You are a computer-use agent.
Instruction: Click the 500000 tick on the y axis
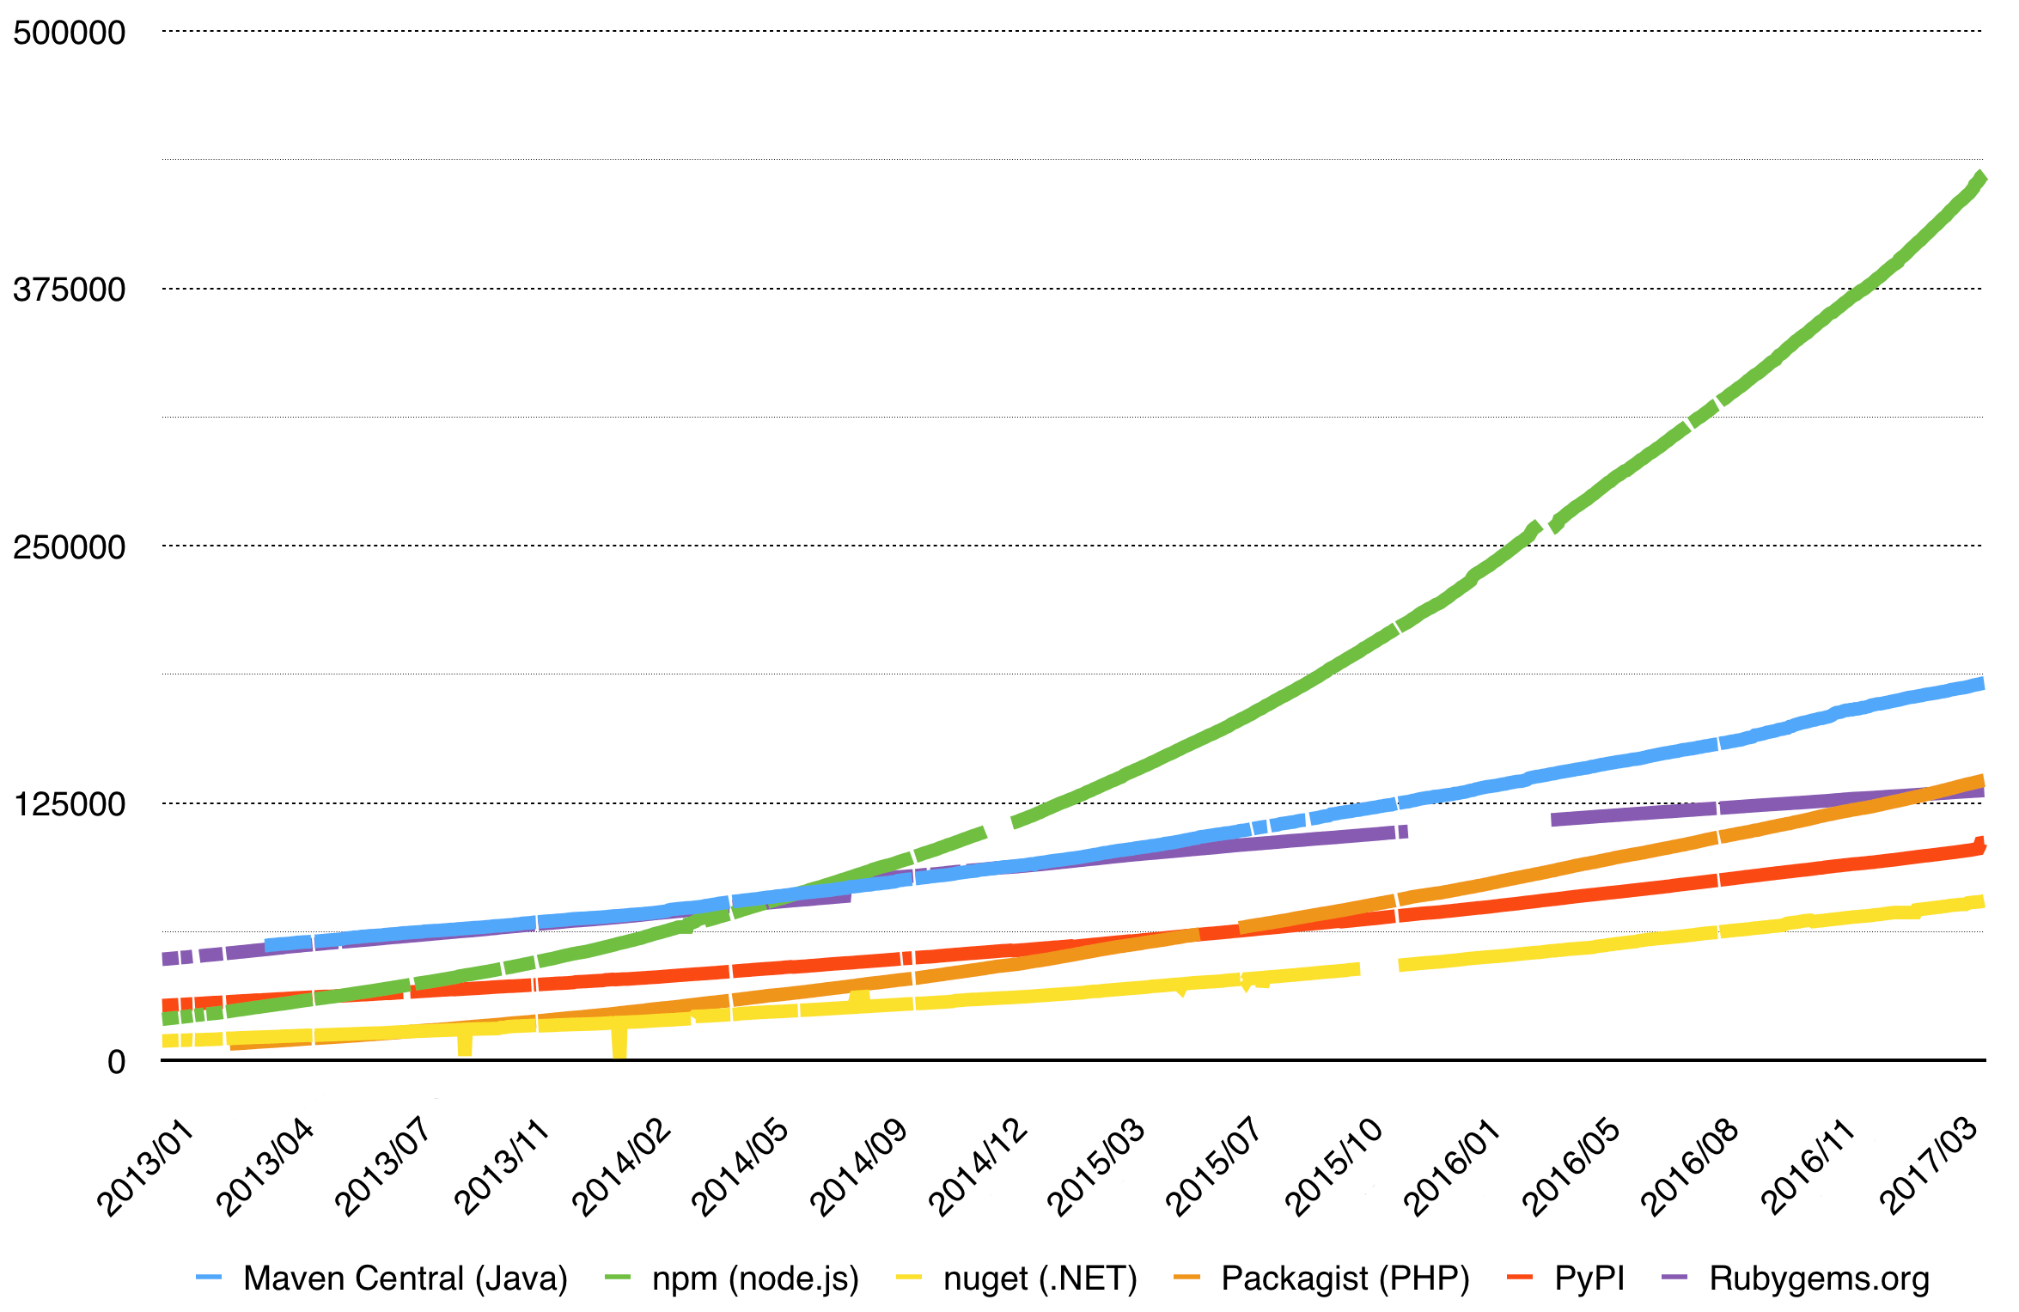(70, 33)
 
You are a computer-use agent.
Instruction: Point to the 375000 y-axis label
(70, 290)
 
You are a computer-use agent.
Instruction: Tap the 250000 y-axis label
(70, 546)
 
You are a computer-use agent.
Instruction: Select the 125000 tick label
(70, 804)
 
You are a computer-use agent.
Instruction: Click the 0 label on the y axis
(116, 1062)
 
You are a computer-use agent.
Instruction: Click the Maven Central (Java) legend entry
(405, 1278)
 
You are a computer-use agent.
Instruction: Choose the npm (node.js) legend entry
(755, 1278)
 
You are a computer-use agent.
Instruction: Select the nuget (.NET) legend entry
(1040, 1278)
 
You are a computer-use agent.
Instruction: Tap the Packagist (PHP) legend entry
(1345, 1278)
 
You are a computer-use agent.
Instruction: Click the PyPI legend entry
(1589, 1278)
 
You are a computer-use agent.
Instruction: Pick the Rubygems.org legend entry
(1819, 1278)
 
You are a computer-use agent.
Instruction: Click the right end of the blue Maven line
(1981, 684)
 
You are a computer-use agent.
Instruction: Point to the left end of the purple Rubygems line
(165, 959)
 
